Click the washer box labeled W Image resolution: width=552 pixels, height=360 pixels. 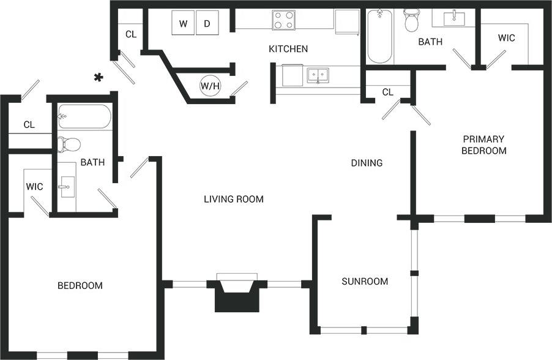(183, 24)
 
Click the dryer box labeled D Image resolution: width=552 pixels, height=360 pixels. (207, 24)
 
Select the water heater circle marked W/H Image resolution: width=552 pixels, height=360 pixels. (210, 86)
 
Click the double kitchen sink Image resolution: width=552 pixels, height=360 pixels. (318, 75)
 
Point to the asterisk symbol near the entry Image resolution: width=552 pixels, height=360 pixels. (97, 77)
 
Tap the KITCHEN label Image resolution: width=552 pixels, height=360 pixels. (288, 49)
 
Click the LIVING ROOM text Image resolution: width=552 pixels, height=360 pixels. (234, 199)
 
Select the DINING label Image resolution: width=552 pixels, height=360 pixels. (367, 163)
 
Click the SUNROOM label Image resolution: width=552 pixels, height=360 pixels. (365, 282)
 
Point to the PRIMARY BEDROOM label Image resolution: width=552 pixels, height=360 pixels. (484, 144)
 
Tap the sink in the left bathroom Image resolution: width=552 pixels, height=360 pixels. (66, 184)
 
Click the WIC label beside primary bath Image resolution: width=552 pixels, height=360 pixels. (506, 38)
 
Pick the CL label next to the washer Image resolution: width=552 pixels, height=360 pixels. (131, 34)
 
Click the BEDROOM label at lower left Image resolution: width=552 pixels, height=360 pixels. (80, 286)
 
